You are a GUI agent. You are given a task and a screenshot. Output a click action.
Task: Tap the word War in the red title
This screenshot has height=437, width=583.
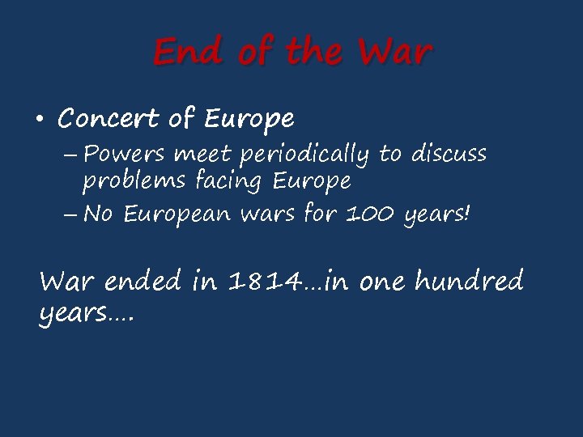pos(395,53)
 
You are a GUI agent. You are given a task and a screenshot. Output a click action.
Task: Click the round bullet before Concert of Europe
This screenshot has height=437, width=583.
pos(39,121)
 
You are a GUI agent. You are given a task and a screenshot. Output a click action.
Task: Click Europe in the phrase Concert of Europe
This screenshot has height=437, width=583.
pos(249,121)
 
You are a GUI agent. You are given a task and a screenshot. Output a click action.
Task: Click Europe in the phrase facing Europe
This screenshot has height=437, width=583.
pos(312,181)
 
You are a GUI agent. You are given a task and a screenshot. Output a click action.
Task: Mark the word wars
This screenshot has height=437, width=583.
pos(273,215)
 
